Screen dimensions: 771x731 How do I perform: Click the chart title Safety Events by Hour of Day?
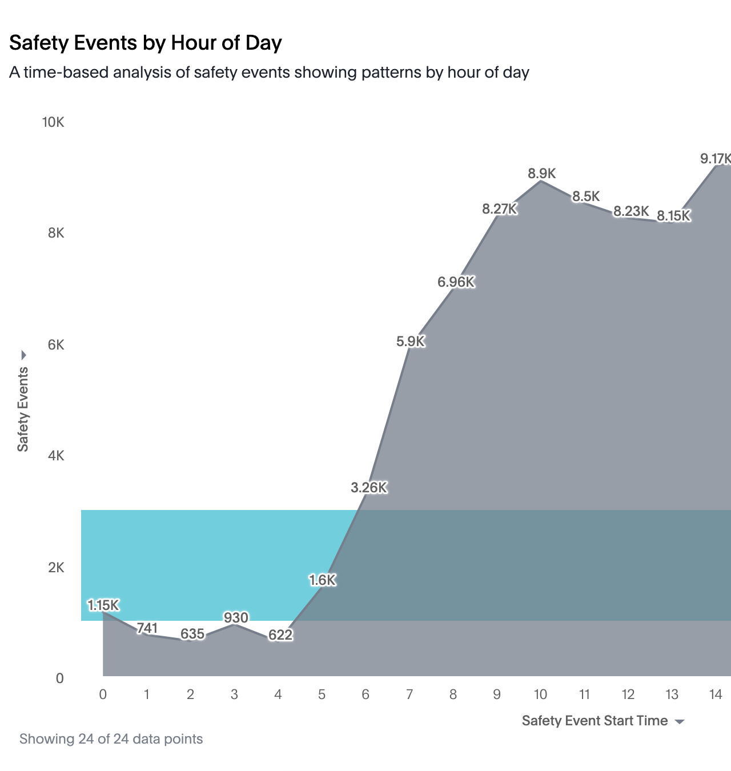[146, 43]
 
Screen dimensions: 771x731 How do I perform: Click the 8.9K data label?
[541, 174]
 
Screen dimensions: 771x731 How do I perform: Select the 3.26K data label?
[369, 488]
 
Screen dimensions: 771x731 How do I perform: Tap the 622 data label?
[280, 635]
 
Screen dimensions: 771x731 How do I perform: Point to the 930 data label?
[236, 618]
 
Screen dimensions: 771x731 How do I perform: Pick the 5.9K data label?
[411, 342]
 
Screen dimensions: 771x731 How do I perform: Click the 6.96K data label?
[456, 282]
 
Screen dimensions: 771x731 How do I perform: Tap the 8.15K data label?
[674, 216]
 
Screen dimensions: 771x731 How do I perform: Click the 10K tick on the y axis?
[53, 122]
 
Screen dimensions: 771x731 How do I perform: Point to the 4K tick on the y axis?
[56, 456]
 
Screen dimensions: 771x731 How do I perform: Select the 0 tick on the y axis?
[59, 679]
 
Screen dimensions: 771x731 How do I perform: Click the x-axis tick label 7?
[409, 695]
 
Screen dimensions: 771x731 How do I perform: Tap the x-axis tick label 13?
[672, 695]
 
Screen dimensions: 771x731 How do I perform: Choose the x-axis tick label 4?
[278, 695]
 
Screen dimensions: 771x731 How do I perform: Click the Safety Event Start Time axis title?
[595, 721]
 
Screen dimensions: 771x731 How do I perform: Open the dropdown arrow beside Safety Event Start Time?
[680, 722]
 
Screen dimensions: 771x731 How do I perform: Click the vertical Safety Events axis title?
[23, 409]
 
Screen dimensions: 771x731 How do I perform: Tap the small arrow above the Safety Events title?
[23, 355]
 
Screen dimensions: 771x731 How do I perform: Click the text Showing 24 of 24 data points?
[111, 739]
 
